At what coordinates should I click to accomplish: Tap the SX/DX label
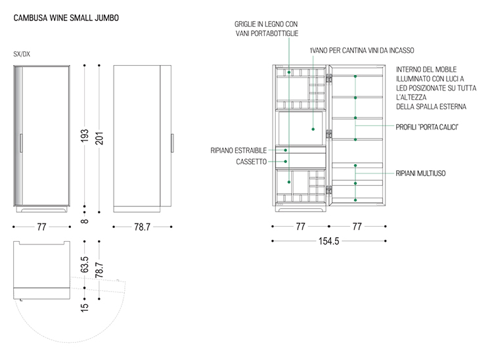point(22,55)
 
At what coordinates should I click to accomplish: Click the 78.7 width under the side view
point(142,227)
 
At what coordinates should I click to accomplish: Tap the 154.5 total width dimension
point(328,242)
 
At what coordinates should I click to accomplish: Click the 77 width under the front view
point(41,227)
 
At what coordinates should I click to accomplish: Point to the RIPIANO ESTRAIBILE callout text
point(238,150)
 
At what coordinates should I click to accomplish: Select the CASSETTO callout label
point(252,162)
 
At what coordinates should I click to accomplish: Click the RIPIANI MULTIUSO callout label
point(420,173)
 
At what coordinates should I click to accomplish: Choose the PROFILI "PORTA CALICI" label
point(426,126)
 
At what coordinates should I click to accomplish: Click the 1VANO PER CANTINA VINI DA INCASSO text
point(362,50)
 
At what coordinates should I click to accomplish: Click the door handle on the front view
point(22,144)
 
